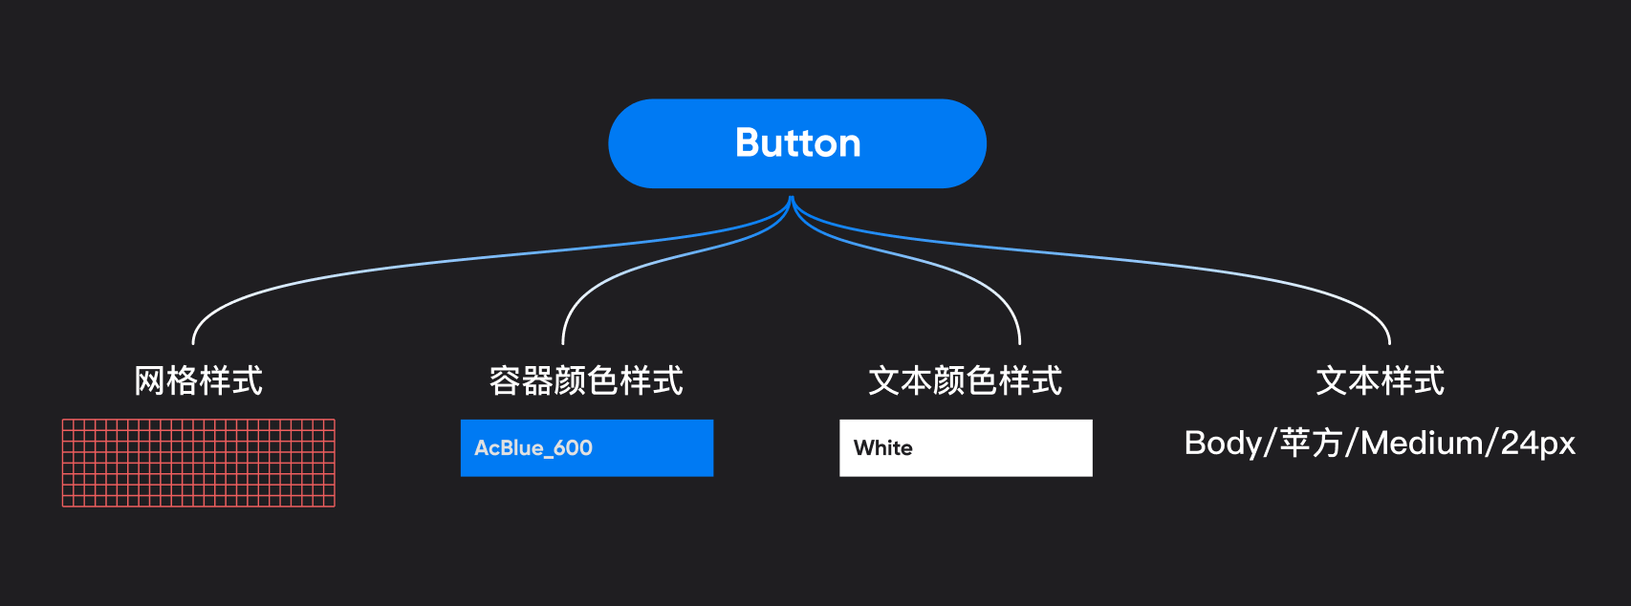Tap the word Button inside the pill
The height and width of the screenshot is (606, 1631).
point(797,143)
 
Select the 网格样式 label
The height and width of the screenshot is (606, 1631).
point(198,380)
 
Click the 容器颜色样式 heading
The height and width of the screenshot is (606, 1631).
point(586,380)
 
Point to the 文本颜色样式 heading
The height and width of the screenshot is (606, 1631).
point(965,380)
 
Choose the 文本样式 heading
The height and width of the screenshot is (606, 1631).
point(1380,380)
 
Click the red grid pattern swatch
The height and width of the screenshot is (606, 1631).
point(199,463)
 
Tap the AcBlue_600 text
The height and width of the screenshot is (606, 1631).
point(533,447)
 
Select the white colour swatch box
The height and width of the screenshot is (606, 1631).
point(1004,447)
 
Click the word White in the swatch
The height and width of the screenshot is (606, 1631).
point(882,447)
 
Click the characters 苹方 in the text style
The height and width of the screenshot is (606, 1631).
point(1311,444)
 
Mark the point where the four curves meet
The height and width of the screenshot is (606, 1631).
point(792,199)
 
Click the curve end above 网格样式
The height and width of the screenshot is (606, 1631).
point(193,342)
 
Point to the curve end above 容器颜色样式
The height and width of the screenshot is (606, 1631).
point(563,342)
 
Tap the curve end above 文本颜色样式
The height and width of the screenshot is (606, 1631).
point(1020,342)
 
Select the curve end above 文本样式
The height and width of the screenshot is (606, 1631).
point(1389,342)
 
